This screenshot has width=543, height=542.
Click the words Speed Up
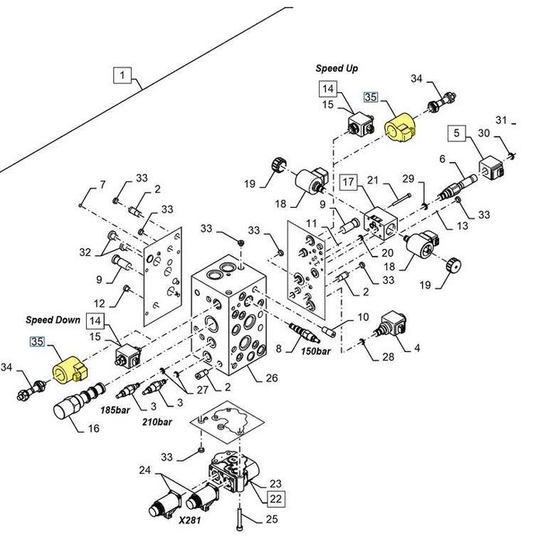pos(337,69)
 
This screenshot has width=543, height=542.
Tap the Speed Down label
pos(53,319)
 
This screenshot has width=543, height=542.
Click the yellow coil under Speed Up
pos(401,126)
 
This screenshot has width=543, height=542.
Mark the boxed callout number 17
pos(348,182)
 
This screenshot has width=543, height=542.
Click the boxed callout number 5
pos(458,133)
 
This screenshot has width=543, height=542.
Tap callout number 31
pos(501,120)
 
